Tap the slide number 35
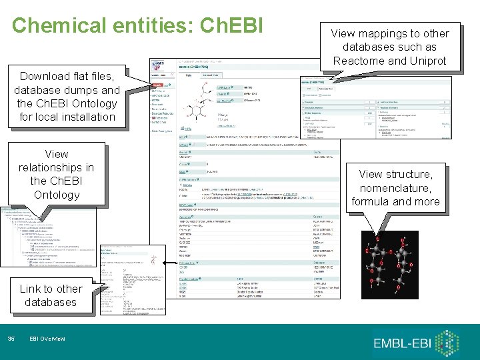(11, 339)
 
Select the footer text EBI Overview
(48, 339)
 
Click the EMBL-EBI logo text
(406, 343)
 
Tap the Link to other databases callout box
(51, 295)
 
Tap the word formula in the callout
(370, 201)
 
